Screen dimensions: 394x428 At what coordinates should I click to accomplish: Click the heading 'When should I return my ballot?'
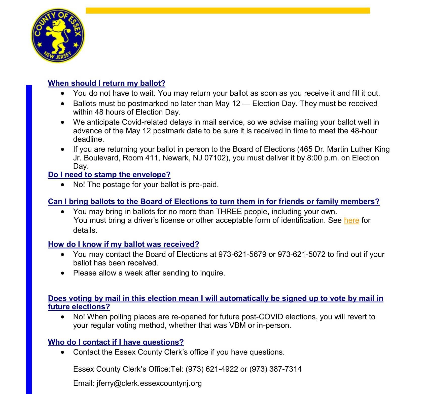106,83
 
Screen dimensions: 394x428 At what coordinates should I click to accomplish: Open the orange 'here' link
351,220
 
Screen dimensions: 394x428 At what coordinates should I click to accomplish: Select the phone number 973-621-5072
301,254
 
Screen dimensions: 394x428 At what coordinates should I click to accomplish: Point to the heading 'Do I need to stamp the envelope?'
109,175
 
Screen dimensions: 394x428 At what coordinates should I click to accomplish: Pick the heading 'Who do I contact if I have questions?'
116,342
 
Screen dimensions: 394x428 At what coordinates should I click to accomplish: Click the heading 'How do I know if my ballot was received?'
123,244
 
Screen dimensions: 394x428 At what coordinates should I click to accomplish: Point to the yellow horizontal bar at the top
228,11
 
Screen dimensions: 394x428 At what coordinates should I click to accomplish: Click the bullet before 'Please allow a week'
63,273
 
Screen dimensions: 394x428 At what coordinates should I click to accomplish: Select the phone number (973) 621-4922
211,369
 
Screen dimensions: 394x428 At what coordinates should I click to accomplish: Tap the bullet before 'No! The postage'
63,185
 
